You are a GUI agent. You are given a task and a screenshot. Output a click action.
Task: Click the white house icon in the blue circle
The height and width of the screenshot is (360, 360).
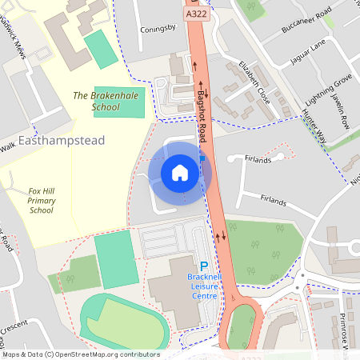(180, 172)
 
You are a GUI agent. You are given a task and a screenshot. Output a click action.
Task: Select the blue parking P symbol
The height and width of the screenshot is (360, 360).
(203, 266)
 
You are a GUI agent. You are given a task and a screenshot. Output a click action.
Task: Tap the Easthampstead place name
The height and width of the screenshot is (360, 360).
(61, 141)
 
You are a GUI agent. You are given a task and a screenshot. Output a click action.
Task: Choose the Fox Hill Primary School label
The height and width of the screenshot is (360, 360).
(41, 200)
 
